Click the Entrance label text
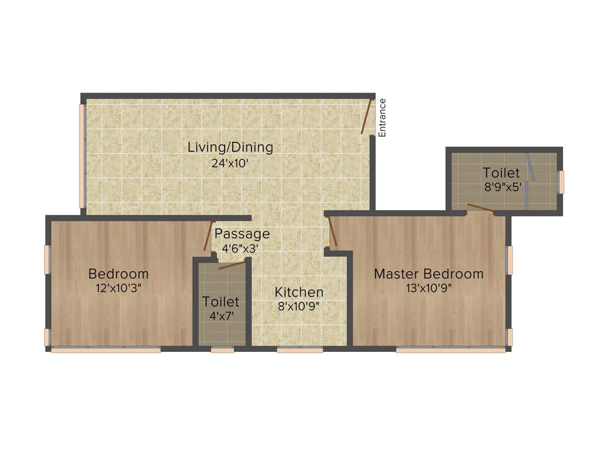(382, 118)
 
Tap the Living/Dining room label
(230, 147)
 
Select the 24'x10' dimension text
(230, 163)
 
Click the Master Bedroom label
(429, 274)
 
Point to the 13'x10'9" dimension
(429, 288)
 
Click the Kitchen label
(299, 292)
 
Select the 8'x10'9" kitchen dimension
(299, 306)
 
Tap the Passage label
(242, 234)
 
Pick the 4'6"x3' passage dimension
(240, 248)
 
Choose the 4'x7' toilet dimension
(220, 316)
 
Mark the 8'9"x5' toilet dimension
(501, 188)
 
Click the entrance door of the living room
(367, 117)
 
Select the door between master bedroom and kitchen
(332, 232)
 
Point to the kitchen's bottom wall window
(300, 350)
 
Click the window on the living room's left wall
(82, 156)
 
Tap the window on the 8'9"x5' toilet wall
(561, 182)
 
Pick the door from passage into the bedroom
(208, 237)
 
